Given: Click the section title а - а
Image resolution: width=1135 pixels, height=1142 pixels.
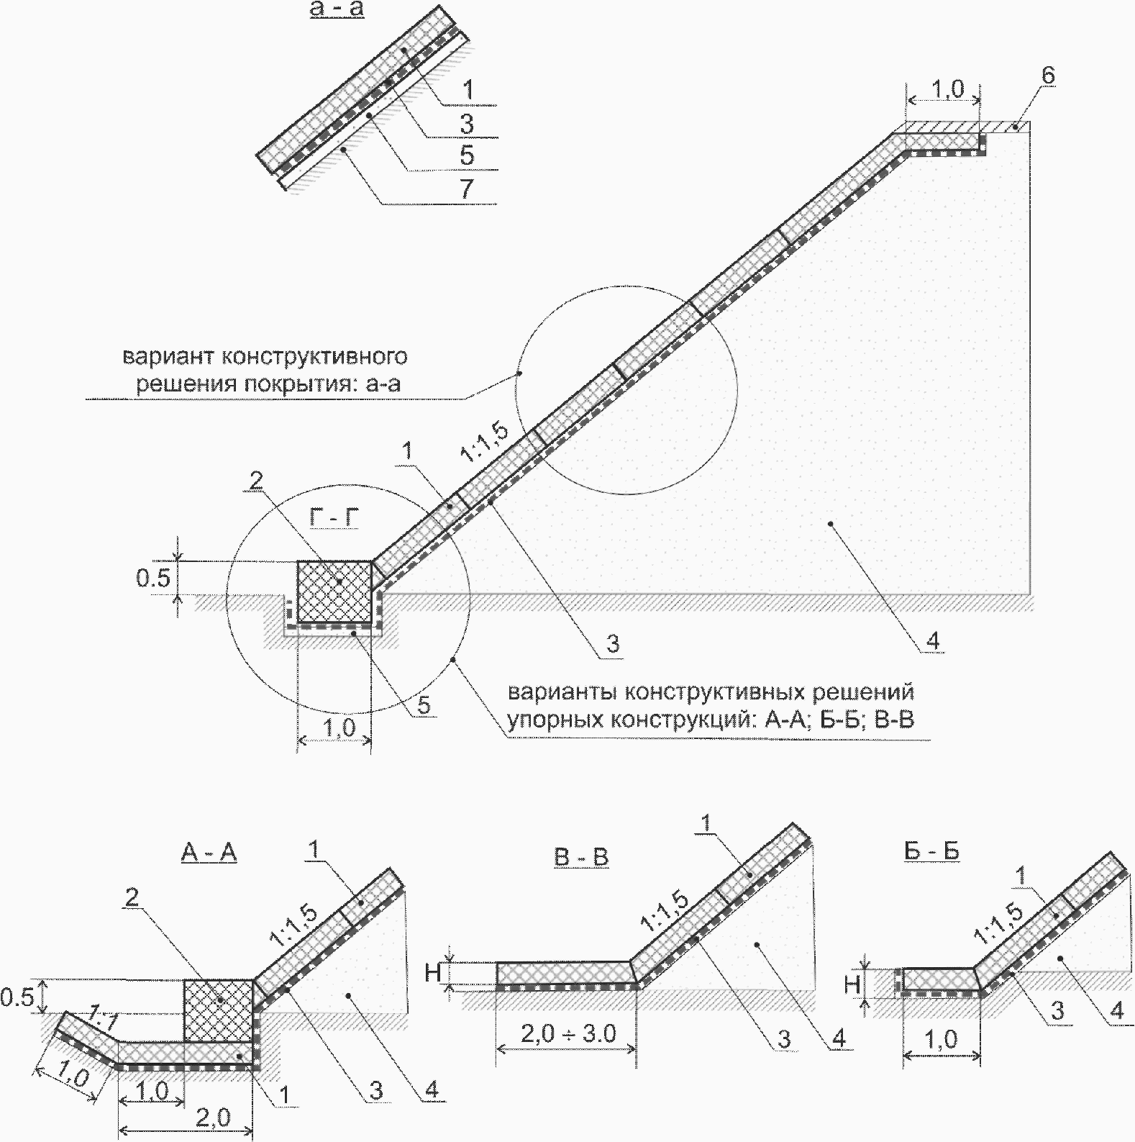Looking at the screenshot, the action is [x=337, y=11].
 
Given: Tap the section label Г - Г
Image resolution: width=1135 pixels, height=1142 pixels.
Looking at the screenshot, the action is [x=337, y=517].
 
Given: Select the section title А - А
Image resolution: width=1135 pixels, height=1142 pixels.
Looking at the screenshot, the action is [x=209, y=853].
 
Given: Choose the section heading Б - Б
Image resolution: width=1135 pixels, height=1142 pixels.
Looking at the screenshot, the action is [x=931, y=851].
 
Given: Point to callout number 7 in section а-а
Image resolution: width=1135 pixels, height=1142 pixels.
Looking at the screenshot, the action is [x=467, y=189].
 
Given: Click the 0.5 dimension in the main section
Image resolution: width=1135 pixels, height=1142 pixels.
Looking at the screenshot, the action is [x=154, y=578].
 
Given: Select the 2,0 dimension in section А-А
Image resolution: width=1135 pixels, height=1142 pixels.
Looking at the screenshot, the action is [x=214, y=1118].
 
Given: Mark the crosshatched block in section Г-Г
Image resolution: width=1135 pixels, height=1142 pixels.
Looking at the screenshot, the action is [x=334, y=591].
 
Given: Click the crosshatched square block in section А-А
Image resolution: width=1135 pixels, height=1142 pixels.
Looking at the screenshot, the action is [x=219, y=1010].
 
